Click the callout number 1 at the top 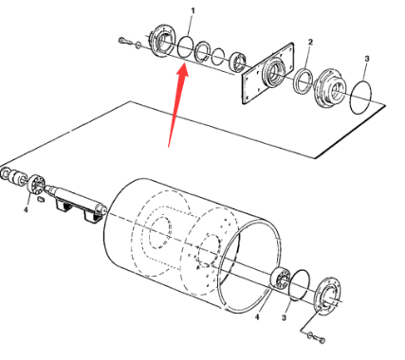click(193, 11)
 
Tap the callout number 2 click(310, 42)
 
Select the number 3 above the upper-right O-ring click(367, 59)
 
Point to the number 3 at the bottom click(285, 317)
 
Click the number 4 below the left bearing click(27, 209)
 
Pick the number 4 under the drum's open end click(257, 316)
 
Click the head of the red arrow click(182, 70)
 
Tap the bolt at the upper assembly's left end click(125, 41)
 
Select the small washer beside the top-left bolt click(138, 45)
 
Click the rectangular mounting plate click(268, 74)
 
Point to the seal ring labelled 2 click(304, 81)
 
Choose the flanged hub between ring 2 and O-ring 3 click(330, 88)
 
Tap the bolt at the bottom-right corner click(321, 340)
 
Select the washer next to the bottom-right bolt click(310, 335)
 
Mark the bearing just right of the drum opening click(281, 279)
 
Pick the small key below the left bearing click(40, 199)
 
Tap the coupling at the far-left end click(13, 176)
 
